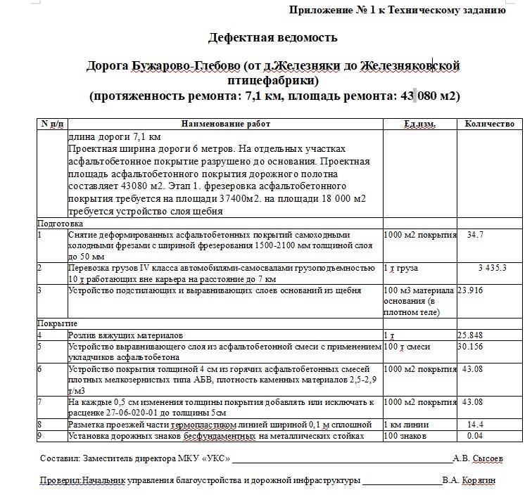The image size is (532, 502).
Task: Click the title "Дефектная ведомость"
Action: click(x=272, y=38)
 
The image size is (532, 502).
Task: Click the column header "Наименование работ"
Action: click(x=225, y=124)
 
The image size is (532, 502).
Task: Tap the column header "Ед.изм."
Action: click(x=419, y=124)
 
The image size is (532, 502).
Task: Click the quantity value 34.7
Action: click(x=475, y=235)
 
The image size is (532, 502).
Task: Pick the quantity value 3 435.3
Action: click(x=492, y=268)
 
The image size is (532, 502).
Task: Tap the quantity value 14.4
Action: click(x=475, y=425)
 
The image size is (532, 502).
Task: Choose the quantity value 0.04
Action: click(x=475, y=436)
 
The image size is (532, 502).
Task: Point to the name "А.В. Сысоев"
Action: click(x=478, y=458)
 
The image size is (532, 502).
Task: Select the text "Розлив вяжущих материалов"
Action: click(x=125, y=335)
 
